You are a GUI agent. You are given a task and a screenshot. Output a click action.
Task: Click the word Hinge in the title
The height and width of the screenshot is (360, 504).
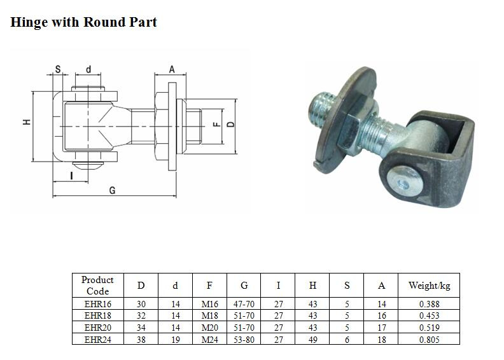click(29, 22)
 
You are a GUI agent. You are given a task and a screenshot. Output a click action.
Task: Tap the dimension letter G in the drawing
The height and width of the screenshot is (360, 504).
click(112, 190)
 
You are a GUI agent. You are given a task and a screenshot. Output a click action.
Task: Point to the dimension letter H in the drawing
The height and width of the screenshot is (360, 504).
click(27, 121)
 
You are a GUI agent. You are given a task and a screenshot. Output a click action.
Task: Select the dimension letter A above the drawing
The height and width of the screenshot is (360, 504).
click(172, 69)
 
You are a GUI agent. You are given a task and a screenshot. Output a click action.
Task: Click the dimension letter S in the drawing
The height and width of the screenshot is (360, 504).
click(58, 69)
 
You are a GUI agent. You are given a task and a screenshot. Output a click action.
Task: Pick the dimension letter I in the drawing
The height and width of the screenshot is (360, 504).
click(71, 176)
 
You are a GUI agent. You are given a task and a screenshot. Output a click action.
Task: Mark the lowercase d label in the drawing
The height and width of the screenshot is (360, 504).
click(88, 69)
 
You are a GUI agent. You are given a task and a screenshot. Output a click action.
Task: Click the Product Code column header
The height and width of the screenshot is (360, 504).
click(98, 286)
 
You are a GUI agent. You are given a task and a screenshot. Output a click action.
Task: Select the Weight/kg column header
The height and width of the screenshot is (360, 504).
click(429, 286)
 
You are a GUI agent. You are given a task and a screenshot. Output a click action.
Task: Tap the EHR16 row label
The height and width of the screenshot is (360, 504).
click(98, 304)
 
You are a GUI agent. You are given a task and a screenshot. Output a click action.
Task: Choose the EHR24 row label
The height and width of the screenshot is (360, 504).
click(98, 340)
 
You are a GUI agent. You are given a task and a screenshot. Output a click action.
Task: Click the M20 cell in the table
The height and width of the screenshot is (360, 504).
click(209, 328)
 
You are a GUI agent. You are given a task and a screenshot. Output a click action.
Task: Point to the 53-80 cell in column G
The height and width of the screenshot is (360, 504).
click(244, 340)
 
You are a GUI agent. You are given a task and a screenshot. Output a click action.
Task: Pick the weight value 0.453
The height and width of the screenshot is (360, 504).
click(429, 315)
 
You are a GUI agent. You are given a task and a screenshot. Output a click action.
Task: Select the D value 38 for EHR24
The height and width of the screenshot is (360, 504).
click(141, 340)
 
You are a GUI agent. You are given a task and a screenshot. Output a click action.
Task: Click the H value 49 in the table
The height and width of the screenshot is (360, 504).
click(312, 340)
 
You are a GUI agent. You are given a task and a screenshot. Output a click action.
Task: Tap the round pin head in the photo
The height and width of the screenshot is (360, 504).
click(404, 182)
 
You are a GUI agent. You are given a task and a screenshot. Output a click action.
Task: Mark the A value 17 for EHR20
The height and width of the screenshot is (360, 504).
click(382, 328)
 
